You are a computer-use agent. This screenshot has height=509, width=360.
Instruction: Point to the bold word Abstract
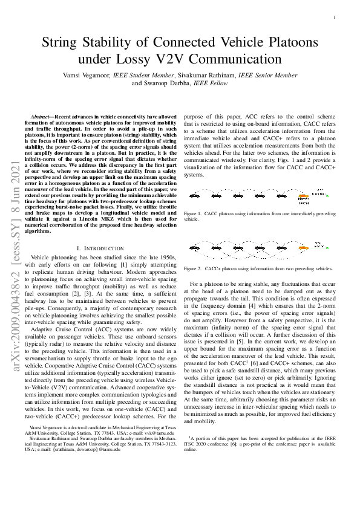pos(42,115)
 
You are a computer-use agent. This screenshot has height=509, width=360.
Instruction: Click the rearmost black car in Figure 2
pos(198,247)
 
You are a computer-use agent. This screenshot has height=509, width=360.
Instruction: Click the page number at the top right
pos(334,18)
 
